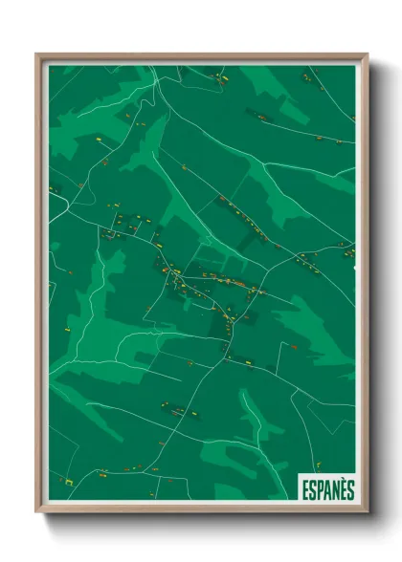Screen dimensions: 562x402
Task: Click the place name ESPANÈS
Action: (326, 488)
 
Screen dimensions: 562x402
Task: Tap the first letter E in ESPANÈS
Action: (304, 488)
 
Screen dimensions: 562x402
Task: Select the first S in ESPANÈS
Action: (312, 488)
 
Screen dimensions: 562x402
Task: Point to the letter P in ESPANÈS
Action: (320, 488)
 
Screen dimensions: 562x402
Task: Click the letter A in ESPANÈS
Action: (327, 488)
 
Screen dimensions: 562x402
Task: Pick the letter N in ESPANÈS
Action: (335, 488)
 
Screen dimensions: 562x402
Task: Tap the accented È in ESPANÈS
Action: (343, 488)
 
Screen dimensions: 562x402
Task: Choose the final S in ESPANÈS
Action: (350, 488)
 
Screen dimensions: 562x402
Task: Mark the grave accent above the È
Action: (343, 480)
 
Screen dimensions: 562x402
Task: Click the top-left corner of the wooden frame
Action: (37, 54)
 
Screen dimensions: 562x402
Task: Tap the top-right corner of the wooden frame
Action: (367, 54)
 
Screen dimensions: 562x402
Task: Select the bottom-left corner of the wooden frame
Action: (37, 511)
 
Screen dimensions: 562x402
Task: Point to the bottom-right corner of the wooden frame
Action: (367, 511)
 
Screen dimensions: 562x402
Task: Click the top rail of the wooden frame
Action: (201, 57)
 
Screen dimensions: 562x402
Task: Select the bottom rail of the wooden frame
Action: (201, 508)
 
